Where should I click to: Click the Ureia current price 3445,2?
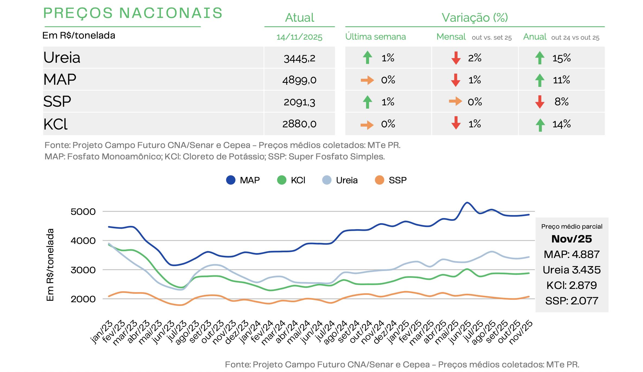click(x=299, y=58)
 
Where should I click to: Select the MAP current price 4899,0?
click(x=299, y=80)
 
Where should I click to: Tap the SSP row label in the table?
click(x=57, y=102)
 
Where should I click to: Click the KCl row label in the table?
click(x=55, y=124)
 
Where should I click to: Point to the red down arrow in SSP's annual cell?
click(x=540, y=102)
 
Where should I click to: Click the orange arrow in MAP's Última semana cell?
click(x=367, y=80)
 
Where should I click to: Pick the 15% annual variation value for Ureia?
click(x=561, y=58)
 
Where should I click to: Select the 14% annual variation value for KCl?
click(x=561, y=124)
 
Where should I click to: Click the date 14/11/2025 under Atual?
click(x=299, y=37)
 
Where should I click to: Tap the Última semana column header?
click(x=376, y=37)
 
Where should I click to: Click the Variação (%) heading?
click(x=475, y=18)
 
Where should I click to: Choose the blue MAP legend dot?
click(x=231, y=180)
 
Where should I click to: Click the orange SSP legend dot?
click(x=379, y=180)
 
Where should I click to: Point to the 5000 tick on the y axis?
click(x=83, y=212)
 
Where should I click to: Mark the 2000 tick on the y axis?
click(x=83, y=299)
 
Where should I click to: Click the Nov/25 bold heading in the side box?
click(x=572, y=239)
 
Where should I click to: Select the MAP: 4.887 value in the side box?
click(x=572, y=254)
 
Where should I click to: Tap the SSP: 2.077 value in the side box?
click(x=572, y=301)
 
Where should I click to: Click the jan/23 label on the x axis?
click(x=102, y=332)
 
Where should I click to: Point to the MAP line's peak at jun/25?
click(x=467, y=203)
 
